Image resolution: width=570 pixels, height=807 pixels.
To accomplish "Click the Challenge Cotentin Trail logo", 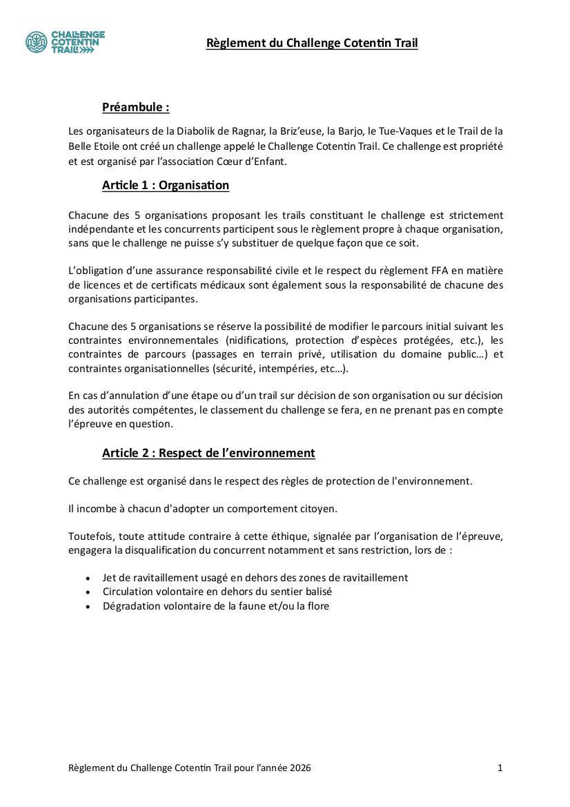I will pos(65,42).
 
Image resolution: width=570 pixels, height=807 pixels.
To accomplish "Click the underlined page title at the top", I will pos(312,43).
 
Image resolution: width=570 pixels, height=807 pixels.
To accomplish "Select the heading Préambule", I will pos(135,107).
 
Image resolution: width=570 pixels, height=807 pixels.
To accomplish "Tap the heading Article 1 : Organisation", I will pos(165,185).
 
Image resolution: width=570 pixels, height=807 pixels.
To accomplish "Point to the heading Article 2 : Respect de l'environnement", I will pos(208,453).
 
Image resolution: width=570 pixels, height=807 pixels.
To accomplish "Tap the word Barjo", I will pos(348,131).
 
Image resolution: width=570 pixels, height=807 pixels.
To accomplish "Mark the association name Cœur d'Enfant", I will pos(251,162).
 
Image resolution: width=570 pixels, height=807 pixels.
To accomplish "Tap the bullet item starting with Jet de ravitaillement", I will pos(255,578).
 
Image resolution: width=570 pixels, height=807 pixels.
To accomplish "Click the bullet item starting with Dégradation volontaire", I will pos(215,606).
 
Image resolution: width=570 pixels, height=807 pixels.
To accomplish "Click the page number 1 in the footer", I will pos(500,768).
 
